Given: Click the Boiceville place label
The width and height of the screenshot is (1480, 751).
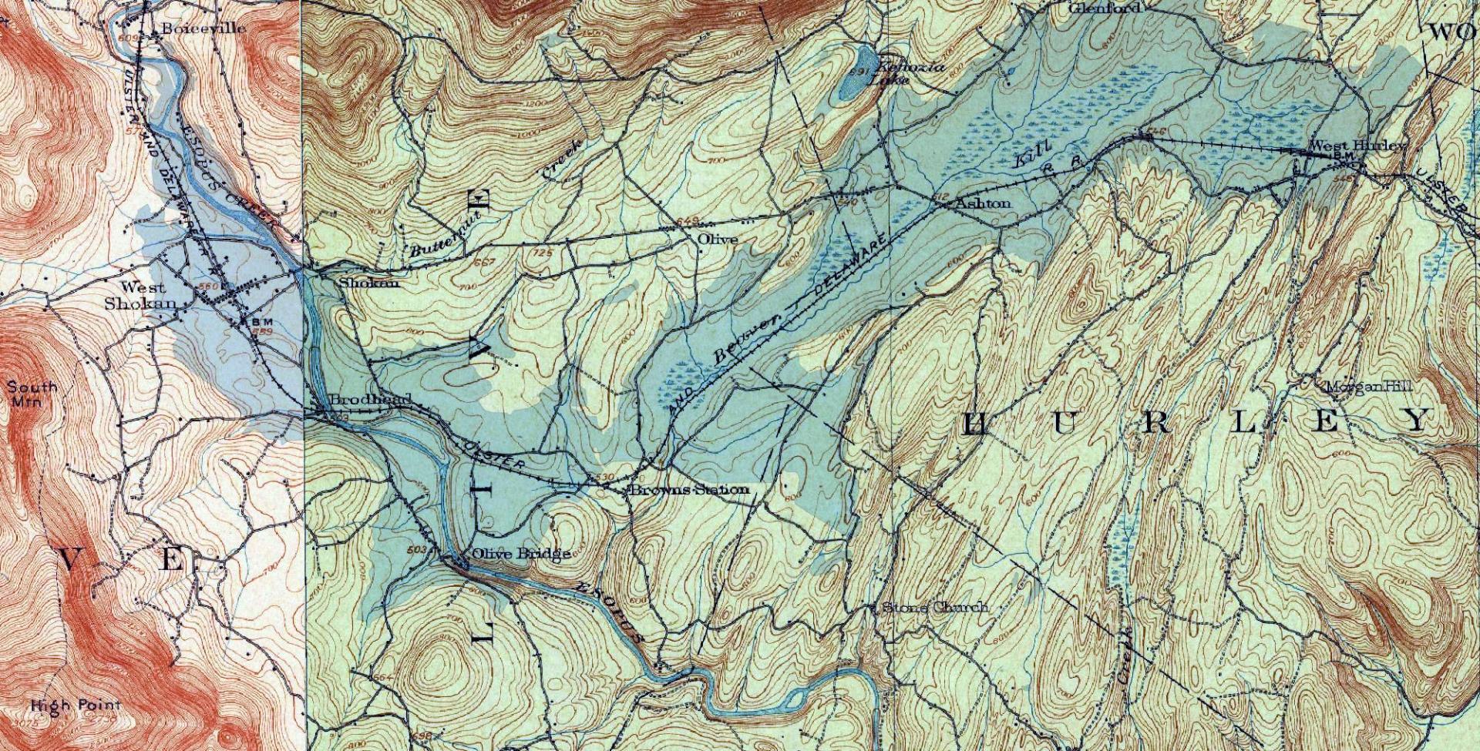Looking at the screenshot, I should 203,28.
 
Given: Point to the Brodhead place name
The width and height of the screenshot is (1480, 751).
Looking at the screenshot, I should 368,401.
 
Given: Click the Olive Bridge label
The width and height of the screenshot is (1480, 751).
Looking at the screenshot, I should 521,553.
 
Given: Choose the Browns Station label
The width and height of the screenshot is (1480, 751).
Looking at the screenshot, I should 689,490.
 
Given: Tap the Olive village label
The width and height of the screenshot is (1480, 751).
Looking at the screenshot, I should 717,240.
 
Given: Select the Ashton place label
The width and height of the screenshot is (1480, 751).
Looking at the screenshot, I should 983,203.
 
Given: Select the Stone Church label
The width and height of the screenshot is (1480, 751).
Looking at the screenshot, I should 934,608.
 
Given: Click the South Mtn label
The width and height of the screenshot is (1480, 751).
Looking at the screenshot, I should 32,394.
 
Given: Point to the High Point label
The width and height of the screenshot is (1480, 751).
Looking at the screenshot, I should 76,705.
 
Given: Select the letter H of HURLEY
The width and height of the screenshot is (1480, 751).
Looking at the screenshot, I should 976,424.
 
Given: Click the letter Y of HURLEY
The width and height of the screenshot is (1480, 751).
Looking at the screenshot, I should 1415,420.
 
